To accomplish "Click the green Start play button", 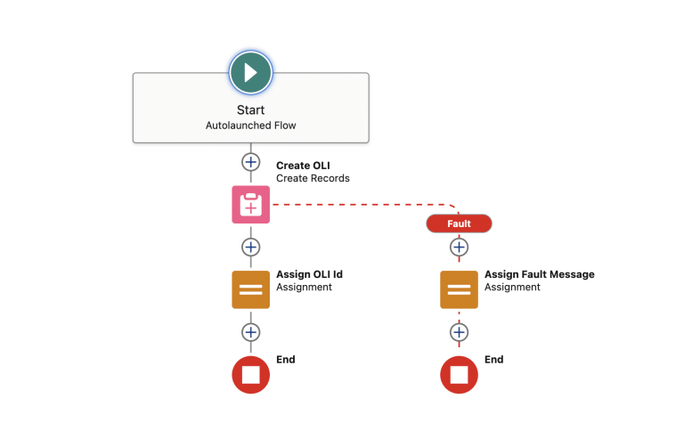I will tap(250, 72).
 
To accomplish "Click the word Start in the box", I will tap(250, 110).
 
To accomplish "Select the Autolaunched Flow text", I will tap(250, 126).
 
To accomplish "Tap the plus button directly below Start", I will tap(250, 162).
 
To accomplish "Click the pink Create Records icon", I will tap(250, 205).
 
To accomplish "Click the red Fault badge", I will tap(459, 223).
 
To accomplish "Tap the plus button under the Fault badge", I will tap(459, 247).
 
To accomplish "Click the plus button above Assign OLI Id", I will tap(250, 247).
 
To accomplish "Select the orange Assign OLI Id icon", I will tap(250, 289).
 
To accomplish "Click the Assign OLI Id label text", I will tap(309, 274).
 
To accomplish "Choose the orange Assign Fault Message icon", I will tap(459, 289).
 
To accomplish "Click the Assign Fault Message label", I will tap(539, 274).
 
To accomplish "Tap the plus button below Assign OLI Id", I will tap(250, 332).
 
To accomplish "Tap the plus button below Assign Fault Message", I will tap(459, 332).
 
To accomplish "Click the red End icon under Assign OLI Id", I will tap(250, 375).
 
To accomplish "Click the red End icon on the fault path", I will tap(459, 375).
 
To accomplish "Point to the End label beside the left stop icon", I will tap(286, 360).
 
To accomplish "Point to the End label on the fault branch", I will tap(494, 360).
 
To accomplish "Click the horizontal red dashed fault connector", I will tap(356, 205).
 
